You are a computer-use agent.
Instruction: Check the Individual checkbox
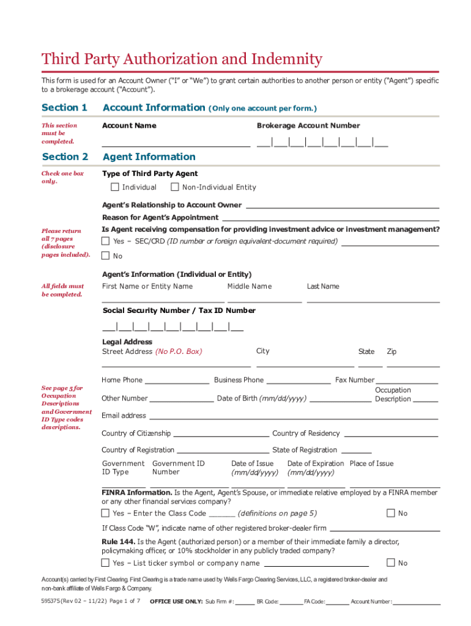pos(114,187)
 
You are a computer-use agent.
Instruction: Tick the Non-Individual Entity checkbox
pos(174,187)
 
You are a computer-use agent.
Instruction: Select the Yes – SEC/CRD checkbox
pos(105,241)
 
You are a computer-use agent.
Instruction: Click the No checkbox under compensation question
pos(105,256)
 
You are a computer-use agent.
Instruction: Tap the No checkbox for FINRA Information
pos(390,513)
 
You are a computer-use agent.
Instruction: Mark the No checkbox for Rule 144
pos(390,562)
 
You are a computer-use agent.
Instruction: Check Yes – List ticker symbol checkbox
pos(105,562)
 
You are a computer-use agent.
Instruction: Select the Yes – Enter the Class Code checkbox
pos(105,513)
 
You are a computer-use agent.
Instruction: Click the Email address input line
pos(294,418)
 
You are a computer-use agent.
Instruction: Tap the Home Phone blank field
pos(176,382)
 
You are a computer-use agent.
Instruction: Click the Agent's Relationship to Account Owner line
pos(342,207)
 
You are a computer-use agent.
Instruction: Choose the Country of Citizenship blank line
pos(221,436)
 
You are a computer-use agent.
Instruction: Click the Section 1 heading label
pos(64,108)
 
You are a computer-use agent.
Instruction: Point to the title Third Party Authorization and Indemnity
pos(182,59)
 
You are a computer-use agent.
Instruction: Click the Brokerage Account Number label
pos(308,125)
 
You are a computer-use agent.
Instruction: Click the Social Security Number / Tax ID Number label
pos(179,311)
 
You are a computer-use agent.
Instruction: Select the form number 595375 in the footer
pos(52,601)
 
